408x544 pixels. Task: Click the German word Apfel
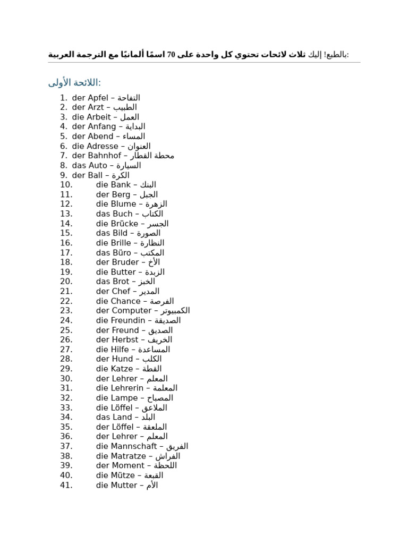coord(98,98)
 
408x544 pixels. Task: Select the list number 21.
coord(66,291)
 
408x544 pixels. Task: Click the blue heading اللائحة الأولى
coord(74,82)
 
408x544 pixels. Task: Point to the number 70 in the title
coord(171,54)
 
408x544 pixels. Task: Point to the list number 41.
coord(66,485)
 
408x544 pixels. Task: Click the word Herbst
coord(124,339)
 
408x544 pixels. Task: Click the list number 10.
coord(66,185)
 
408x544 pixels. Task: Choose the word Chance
coord(126,301)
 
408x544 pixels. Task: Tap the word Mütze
coord(123,475)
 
